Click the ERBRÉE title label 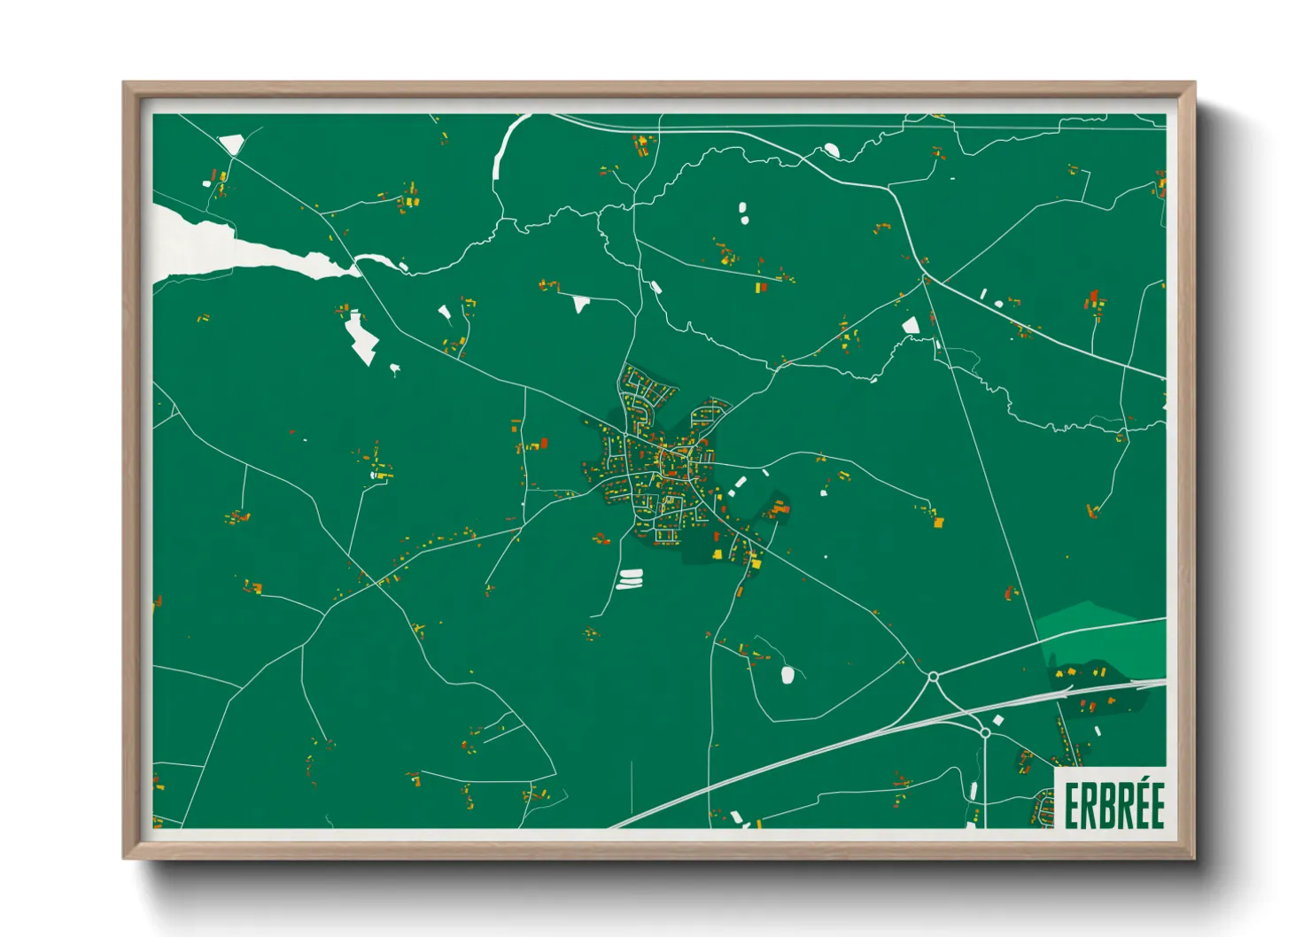pyautogui.click(x=1113, y=804)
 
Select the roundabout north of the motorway pyautogui.click(x=933, y=678)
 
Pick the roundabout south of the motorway pyautogui.click(x=985, y=732)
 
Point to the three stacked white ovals pyautogui.click(x=630, y=579)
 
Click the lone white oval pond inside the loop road pyautogui.click(x=787, y=675)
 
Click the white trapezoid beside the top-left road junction pyautogui.click(x=231, y=143)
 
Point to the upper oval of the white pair pyautogui.click(x=742, y=208)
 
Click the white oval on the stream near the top pyautogui.click(x=832, y=150)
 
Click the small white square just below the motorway pyautogui.click(x=997, y=720)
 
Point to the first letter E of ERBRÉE pyautogui.click(x=1070, y=806)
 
